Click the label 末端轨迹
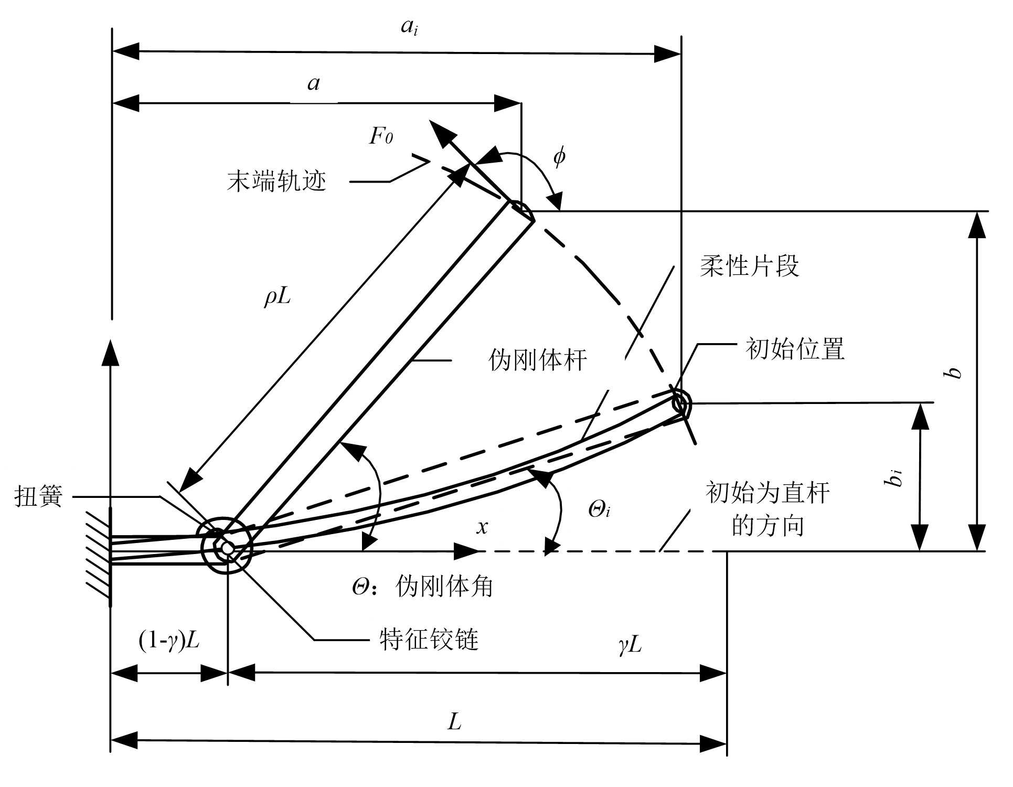(x=276, y=182)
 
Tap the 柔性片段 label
(x=749, y=266)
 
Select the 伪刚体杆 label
(x=537, y=360)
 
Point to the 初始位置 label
(x=795, y=349)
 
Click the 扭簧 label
(x=38, y=496)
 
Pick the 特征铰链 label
(x=429, y=640)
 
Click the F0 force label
(x=381, y=136)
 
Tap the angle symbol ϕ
(x=559, y=156)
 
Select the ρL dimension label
(x=278, y=297)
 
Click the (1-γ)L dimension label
(x=169, y=640)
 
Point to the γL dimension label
(x=630, y=644)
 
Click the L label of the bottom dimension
(x=454, y=722)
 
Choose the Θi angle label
(x=599, y=509)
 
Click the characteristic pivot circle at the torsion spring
(x=227, y=547)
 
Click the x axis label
(x=482, y=527)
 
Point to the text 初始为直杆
(x=767, y=493)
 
